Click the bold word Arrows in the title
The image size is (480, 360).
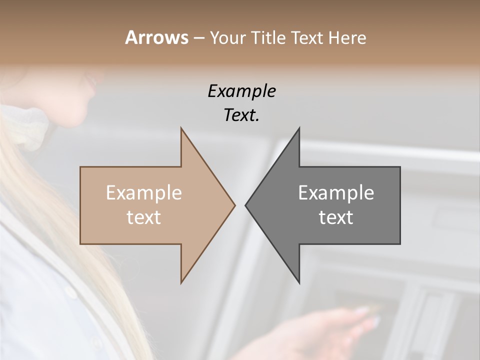[156, 37]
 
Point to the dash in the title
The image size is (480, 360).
[198, 38]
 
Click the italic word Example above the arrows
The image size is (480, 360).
[241, 91]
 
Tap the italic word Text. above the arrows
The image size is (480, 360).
[241, 115]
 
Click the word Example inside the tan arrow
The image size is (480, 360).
[144, 193]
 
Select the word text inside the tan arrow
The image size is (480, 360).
[144, 217]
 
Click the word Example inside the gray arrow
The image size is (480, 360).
[336, 193]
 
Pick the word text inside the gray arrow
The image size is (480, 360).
[336, 217]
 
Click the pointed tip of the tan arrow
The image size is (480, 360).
[234, 205]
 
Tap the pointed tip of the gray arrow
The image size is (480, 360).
[246, 205]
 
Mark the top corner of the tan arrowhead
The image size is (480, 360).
[181, 128]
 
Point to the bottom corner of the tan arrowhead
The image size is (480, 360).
[181, 282]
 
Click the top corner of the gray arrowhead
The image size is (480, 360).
[299, 128]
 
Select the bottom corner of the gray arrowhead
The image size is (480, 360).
[299, 282]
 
